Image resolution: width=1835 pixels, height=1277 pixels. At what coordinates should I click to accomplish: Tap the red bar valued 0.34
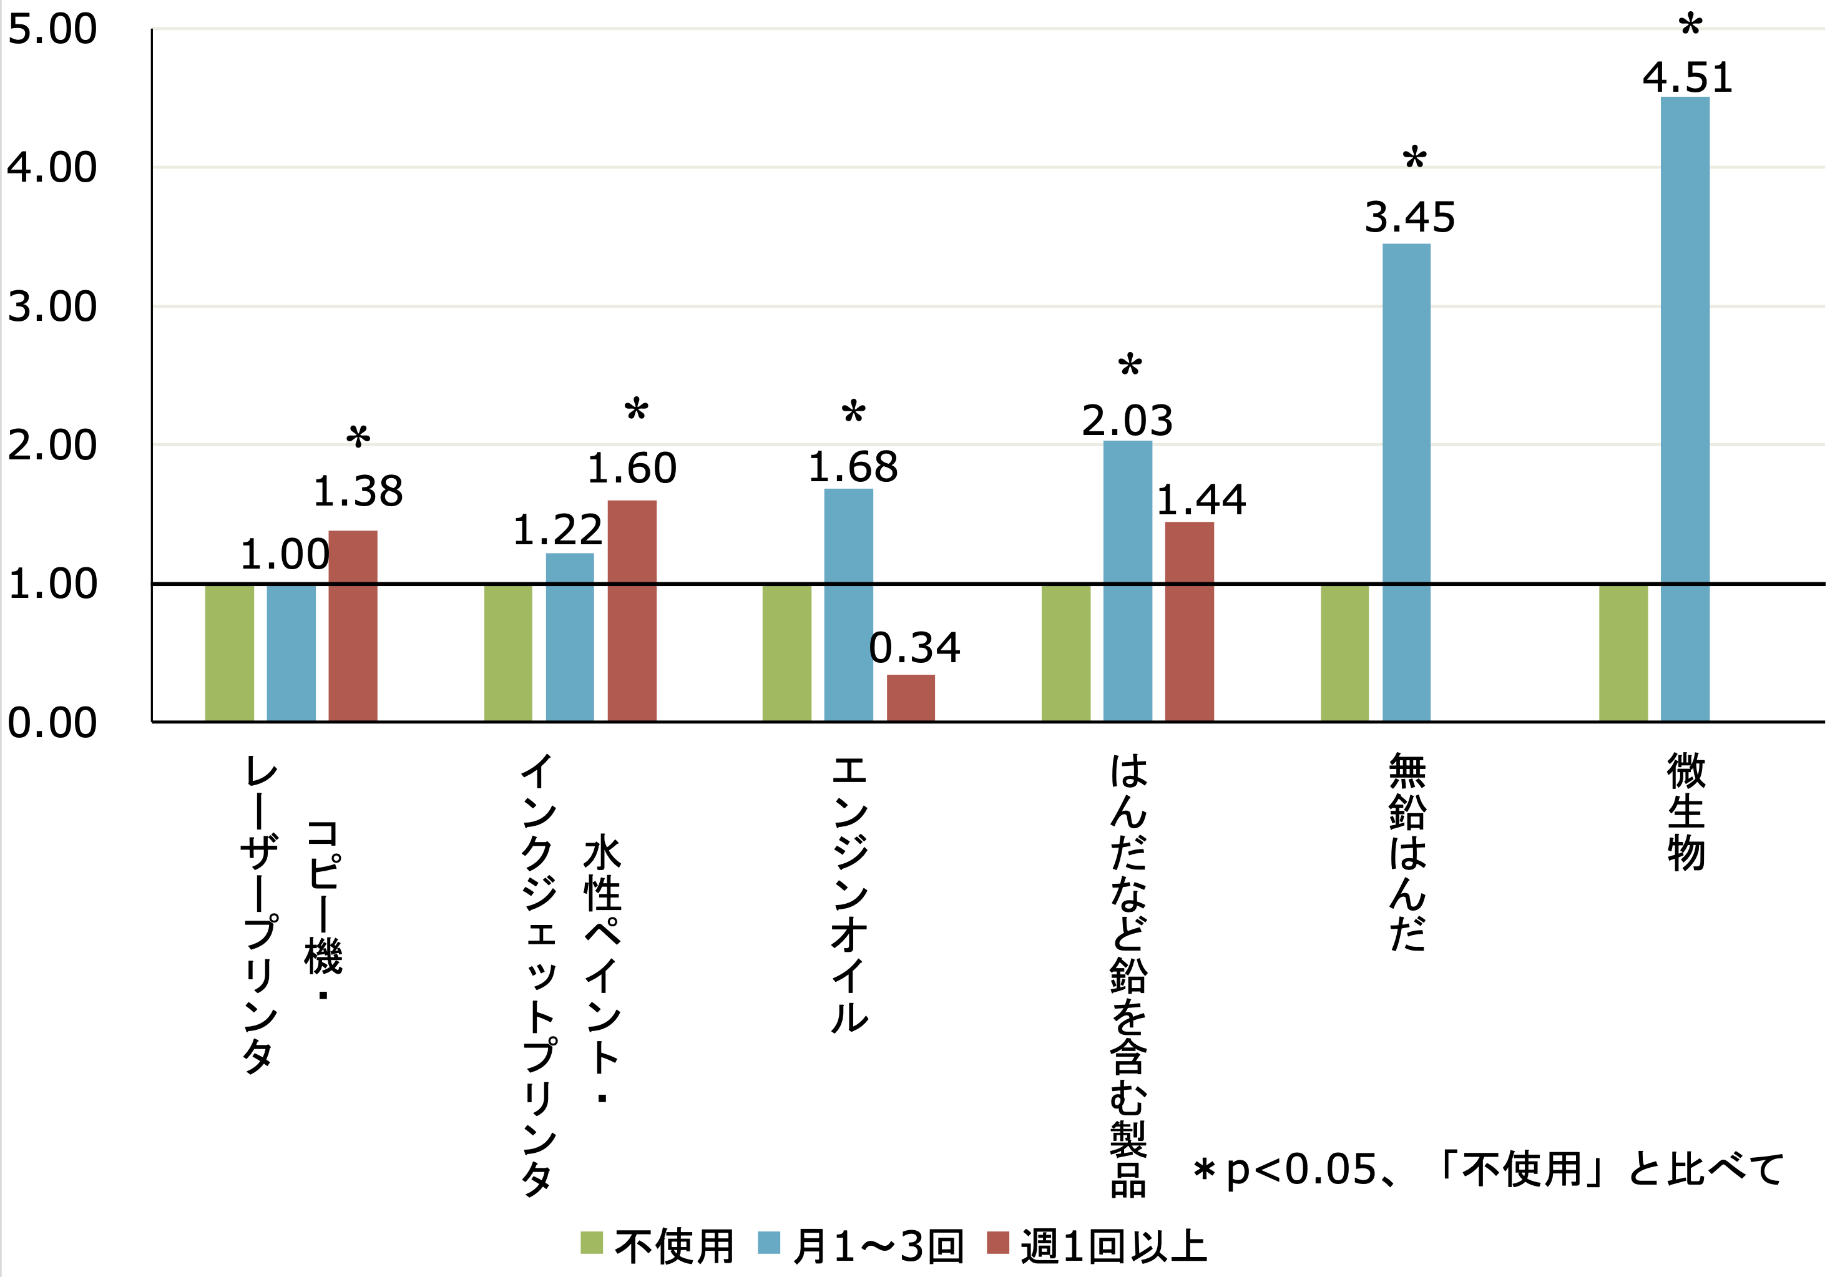tap(910, 698)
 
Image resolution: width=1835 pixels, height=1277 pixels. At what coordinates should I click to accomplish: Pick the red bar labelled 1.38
tap(353, 626)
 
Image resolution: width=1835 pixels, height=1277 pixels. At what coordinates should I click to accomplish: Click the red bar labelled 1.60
tap(632, 610)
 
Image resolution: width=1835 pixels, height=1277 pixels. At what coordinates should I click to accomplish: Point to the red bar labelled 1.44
tap(1189, 621)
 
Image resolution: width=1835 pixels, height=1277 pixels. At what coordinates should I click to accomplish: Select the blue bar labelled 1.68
tap(848, 604)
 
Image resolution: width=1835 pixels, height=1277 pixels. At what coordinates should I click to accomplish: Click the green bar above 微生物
tap(1623, 653)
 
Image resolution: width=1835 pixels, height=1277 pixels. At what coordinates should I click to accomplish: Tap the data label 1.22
tap(557, 530)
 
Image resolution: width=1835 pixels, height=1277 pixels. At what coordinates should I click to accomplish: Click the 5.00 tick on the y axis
tap(52, 29)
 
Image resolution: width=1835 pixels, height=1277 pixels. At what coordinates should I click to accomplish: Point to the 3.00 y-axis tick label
tap(52, 307)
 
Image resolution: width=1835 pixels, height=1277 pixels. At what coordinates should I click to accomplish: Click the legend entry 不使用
tap(657, 1246)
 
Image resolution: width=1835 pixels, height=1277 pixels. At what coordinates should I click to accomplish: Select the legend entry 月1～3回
tap(861, 1246)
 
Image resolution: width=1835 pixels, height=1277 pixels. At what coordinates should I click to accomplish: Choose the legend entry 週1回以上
tap(1097, 1246)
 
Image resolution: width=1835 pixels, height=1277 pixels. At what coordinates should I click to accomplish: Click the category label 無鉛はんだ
tap(1407, 851)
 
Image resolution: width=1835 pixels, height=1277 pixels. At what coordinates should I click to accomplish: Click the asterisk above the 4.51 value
tap(1690, 26)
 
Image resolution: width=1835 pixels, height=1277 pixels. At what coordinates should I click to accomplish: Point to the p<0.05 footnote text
tap(1487, 1170)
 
